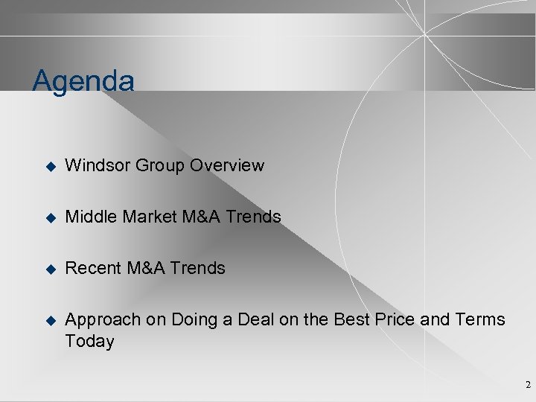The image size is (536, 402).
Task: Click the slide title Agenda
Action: (x=83, y=81)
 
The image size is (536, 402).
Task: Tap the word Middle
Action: (x=90, y=217)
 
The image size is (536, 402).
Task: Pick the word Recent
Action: (x=92, y=268)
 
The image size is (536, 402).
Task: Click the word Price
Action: (x=395, y=320)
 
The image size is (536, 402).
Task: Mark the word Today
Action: (x=90, y=342)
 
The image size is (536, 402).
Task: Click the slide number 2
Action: (x=528, y=385)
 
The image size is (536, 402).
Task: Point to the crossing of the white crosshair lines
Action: (x=424, y=34)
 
